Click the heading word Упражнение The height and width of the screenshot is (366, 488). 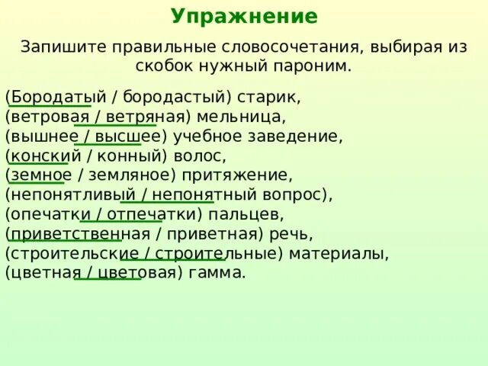click(244, 16)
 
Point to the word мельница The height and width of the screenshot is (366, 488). click(245, 117)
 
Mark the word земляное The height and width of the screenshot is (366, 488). click(134, 175)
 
